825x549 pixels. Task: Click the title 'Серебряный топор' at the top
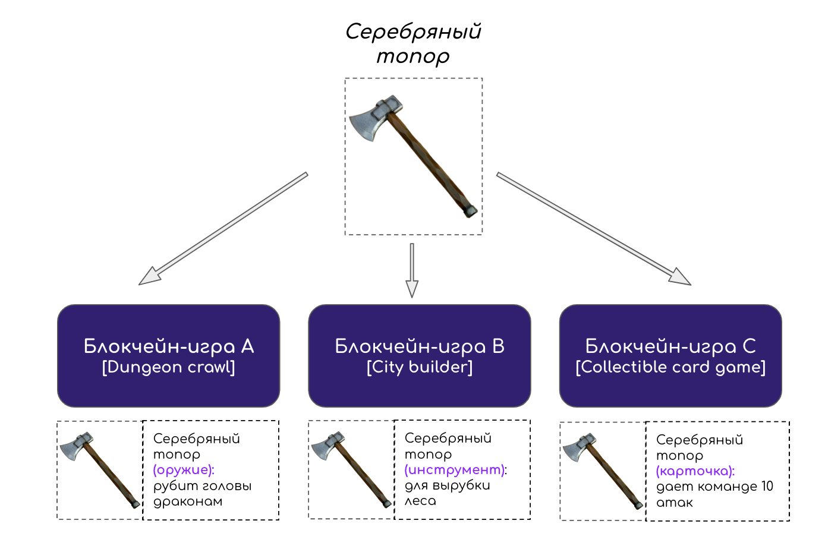[413, 43]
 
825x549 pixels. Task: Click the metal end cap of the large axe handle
[470, 210]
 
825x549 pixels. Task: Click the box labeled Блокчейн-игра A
[168, 355]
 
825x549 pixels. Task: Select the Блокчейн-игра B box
[419, 355]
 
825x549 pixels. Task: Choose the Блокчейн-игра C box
[670, 355]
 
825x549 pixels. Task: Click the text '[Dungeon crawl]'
[169, 367]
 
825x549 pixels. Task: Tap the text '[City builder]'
[420, 367]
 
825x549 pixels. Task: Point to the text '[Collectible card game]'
[670, 367]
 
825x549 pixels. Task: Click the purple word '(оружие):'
[184, 470]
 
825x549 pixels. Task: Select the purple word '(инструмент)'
[455, 470]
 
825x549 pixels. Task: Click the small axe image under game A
[100, 469]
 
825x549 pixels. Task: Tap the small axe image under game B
[351, 469]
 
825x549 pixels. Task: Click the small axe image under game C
[603, 471]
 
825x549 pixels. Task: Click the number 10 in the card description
[767, 487]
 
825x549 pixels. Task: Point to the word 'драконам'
[188, 501]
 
